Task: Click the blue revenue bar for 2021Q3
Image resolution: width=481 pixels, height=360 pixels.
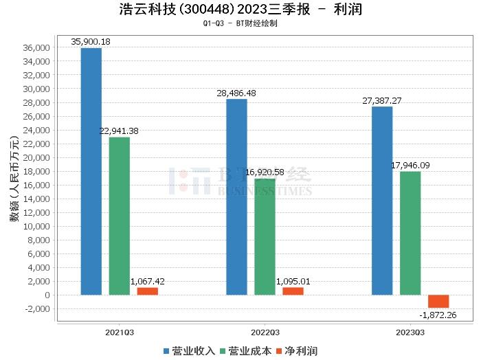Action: [x=91, y=172]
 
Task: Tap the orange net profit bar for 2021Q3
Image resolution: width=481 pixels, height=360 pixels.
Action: [x=147, y=291]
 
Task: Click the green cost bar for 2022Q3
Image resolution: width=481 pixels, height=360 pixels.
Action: [x=265, y=237]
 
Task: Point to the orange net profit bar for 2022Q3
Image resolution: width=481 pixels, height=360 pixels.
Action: [x=293, y=291]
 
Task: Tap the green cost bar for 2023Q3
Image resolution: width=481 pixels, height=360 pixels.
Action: [x=410, y=234]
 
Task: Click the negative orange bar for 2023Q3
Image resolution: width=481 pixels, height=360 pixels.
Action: [x=438, y=301]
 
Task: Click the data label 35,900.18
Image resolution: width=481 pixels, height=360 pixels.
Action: [x=91, y=42]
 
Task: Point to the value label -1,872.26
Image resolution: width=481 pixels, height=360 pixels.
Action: [x=438, y=315]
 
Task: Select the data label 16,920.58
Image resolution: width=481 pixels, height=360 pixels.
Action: [x=265, y=172]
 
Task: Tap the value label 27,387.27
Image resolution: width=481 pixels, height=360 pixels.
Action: [x=382, y=100]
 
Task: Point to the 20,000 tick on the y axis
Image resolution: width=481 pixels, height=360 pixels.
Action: [x=36, y=158]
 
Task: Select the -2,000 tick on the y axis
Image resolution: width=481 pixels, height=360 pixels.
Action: [x=36, y=309]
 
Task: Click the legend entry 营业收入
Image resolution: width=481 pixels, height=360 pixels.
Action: [x=190, y=351]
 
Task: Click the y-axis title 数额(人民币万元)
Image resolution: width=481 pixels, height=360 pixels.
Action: [x=14, y=185]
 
